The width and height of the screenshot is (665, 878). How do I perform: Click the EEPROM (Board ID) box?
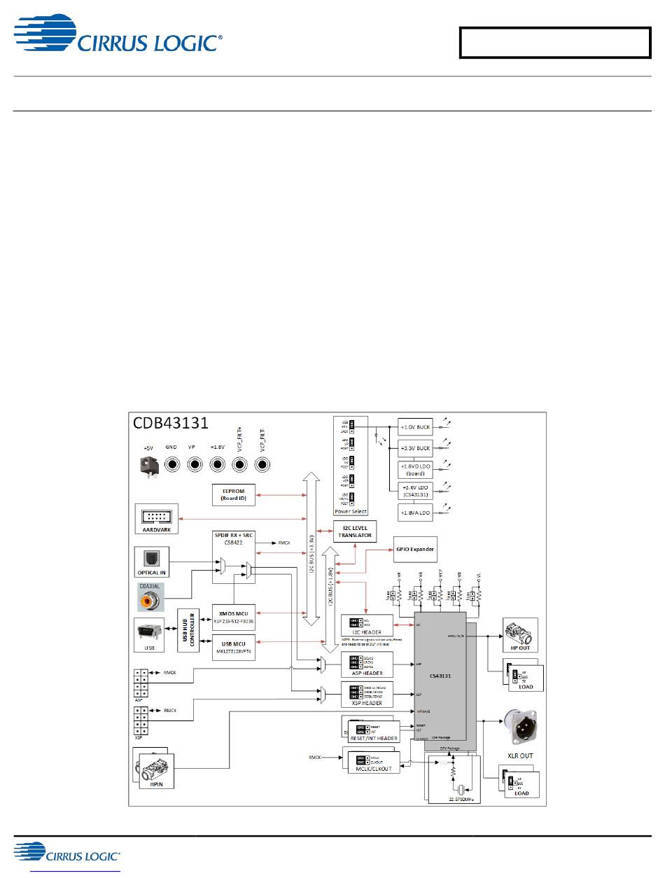click(x=234, y=494)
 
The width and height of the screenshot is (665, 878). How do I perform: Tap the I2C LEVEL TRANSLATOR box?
click(x=355, y=532)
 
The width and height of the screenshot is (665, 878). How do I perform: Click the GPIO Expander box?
click(x=414, y=550)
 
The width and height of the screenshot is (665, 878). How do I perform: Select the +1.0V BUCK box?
click(x=415, y=426)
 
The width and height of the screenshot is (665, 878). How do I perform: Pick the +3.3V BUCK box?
click(x=415, y=447)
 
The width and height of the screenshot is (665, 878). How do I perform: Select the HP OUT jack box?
click(x=520, y=635)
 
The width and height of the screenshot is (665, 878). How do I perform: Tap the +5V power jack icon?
click(x=147, y=464)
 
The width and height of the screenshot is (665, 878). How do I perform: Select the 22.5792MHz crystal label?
click(x=454, y=798)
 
